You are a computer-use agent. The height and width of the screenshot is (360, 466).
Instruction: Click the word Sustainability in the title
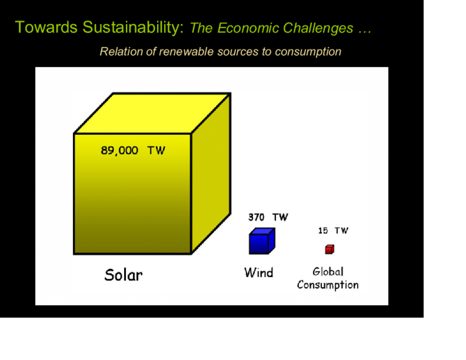tap(133, 28)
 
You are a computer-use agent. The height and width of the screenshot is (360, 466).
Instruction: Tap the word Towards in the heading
tap(46, 27)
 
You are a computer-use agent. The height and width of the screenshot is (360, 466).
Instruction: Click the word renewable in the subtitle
tap(186, 51)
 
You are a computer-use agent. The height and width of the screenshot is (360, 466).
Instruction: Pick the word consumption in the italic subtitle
tap(308, 52)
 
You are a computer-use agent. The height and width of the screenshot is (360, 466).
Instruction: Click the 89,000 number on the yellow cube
tap(119, 150)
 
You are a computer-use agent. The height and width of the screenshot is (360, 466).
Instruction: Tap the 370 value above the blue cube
tap(256, 217)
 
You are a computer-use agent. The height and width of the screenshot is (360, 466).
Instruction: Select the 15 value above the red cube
tap(323, 231)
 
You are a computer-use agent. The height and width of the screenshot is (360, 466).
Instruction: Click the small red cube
tap(330, 249)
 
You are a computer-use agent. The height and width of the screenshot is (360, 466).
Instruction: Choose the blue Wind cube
tap(262, 241)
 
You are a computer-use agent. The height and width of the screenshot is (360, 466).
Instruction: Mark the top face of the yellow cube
tap(153, 113)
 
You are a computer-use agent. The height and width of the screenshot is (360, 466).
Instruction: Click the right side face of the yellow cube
tap(211, 174)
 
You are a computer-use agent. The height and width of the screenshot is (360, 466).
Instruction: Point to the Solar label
tap(123, 275)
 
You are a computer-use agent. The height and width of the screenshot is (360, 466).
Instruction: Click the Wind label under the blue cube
tap(259, 273)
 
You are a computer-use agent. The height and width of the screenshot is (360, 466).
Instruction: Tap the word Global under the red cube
tap(328, 272)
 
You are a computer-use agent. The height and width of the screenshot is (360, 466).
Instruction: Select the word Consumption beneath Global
tap(328, 285)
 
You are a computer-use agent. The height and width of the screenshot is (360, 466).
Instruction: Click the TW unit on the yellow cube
tap(156, 150)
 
